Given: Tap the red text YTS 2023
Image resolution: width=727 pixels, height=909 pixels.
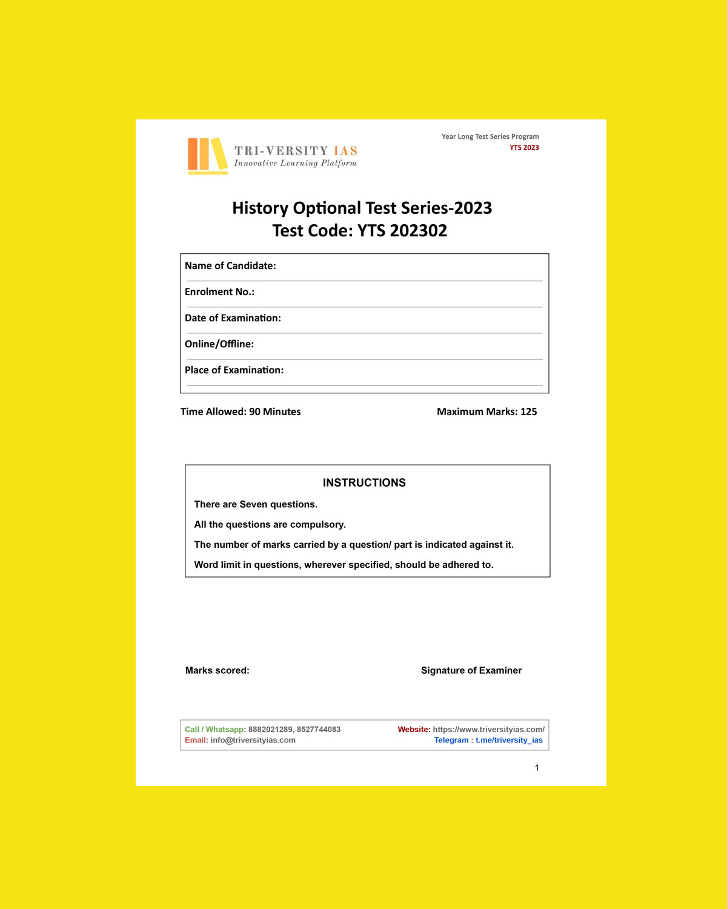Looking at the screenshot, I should [x=524, y=148].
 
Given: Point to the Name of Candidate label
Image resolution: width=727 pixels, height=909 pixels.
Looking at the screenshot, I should [x=230, y=266].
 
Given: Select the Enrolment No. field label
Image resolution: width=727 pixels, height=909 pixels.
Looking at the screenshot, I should [x=219, y=292].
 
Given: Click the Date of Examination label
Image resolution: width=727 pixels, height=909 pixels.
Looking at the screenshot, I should [x=233, y=318].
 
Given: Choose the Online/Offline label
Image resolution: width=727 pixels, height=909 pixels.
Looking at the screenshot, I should [x=219, y=344].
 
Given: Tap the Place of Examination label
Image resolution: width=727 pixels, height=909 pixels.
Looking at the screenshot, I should [x=234, y=370].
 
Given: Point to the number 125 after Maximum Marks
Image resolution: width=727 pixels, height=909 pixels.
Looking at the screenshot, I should [x=528, y=412].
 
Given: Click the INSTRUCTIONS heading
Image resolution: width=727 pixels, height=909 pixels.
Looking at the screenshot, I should [x=364, y=483].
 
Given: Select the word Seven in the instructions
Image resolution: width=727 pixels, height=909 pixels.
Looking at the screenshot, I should [x=253, y=505].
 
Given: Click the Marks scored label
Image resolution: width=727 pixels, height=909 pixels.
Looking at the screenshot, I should [x=217, y=671].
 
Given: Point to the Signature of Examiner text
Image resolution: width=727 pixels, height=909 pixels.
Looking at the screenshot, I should [x=471, y=671].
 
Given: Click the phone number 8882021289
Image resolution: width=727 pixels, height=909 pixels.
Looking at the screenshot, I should [x=270, y=730].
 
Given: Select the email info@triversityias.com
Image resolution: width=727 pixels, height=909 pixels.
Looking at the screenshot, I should [x=253, y=741].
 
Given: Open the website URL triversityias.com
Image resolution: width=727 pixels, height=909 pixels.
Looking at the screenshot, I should [x=488, y=730].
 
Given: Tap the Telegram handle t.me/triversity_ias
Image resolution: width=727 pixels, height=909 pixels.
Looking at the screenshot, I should [x=509, y=741].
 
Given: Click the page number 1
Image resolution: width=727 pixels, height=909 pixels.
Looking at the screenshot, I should [x=537, y=768].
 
